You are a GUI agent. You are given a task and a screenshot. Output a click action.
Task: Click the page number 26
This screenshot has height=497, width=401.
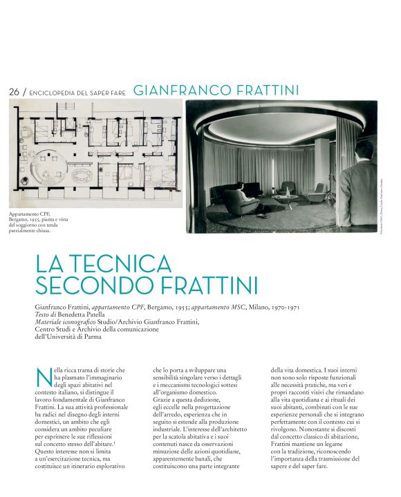coord(14,92)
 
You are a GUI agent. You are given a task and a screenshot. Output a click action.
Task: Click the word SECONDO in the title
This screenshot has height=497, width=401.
coord(87,285)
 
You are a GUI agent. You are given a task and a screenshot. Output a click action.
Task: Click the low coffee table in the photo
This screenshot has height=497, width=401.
coord(284,198)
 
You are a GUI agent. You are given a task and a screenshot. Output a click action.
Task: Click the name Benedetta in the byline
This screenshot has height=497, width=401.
coord(81,314)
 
